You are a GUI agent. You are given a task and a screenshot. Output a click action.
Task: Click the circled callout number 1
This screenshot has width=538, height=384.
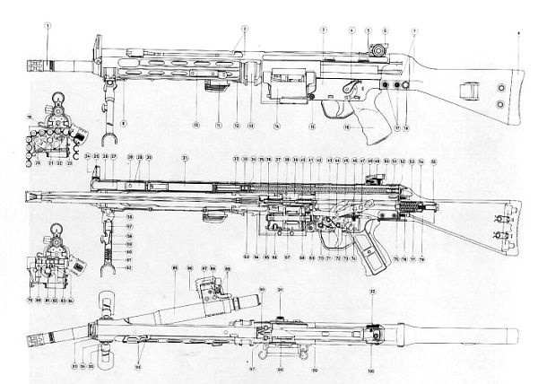pos(46,26)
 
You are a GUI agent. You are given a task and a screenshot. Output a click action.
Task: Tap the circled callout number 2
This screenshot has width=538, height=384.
pos(243,28)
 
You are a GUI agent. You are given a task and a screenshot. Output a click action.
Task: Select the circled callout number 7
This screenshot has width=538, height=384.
pos(414,31)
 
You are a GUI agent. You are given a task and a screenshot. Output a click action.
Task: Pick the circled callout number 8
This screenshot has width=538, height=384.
pos(125,121)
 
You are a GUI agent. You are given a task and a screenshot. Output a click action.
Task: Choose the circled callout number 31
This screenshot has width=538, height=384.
pos(186,159)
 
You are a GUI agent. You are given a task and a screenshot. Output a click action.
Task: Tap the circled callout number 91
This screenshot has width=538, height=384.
pos(281,290)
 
